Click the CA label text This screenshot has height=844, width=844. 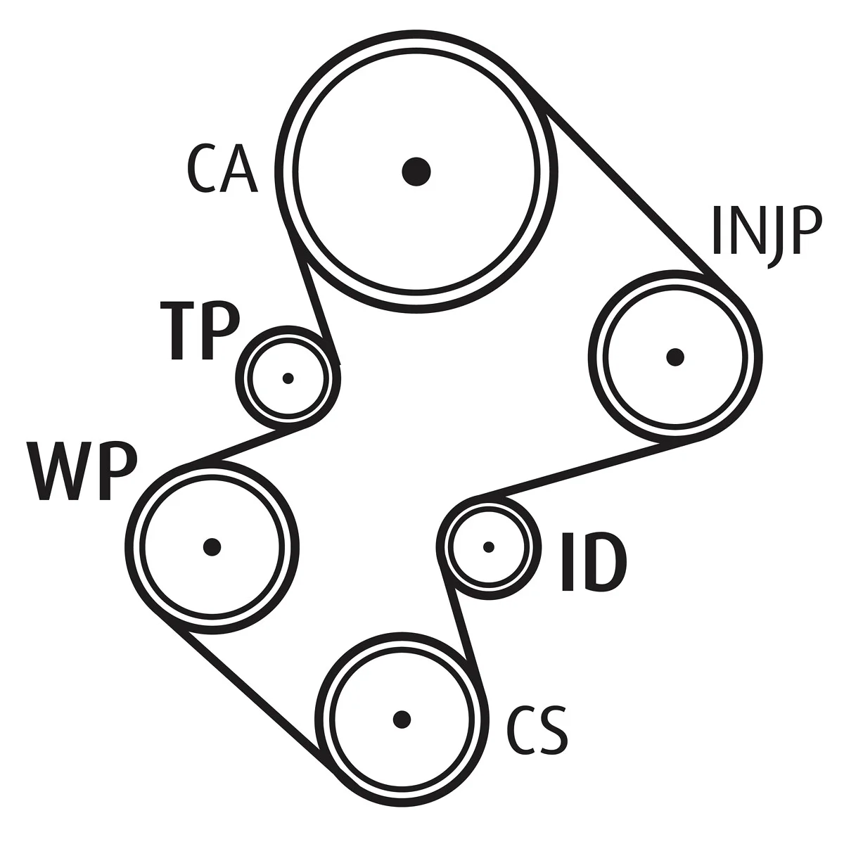[222, 169]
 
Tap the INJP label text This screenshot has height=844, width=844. [765, 236]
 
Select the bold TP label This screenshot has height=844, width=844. [200, 331]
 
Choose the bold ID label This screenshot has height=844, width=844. [594, 562]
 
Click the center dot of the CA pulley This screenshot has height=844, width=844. [416, 172]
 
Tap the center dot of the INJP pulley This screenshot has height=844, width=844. [675, 357]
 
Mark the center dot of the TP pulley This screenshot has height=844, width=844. [288, 378]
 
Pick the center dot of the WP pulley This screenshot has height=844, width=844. [212, 546]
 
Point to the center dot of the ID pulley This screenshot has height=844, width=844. [488, 547]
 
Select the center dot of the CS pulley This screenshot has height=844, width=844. [402, 720]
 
